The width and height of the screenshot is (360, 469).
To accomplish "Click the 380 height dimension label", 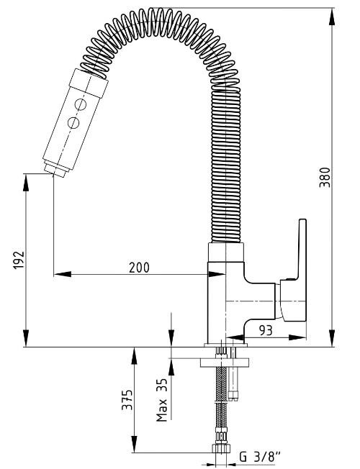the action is click(x=325, y=177).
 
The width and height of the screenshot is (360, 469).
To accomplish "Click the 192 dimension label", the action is click(x=19, y=260).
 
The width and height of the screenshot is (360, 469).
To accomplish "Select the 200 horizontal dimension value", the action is click(x=139, y=268).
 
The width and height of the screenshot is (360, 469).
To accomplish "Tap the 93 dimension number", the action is click(x=266, y=330).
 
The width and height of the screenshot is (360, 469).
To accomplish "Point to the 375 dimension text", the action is click(x=127, y=399).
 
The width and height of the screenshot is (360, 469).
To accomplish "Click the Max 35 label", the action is click(x=162, y=400).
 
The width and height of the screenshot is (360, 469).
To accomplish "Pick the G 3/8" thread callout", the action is click(x=260, y=457).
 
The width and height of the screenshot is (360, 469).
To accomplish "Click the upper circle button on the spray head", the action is click(x=81, y=104).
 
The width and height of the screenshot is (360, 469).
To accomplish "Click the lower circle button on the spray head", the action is click(x=73, y=122).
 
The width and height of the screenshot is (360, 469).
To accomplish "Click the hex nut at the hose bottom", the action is click(x=221, y=449).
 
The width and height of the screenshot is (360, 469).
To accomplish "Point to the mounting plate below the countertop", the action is click(x=225, y=363).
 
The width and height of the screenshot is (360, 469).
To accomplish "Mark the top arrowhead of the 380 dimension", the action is click(x=332, y=17).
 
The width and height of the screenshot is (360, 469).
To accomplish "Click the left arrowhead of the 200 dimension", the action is click(x=63, y=274).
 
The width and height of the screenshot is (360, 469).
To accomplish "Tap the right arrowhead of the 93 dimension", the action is click(x=297, y=337).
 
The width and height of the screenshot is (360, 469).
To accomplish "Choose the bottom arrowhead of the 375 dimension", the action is click(x=134, y=444).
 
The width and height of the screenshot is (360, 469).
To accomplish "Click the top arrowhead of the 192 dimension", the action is click(x=26, y=182).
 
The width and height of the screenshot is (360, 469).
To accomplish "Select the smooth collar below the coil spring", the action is click(x=226, y=252).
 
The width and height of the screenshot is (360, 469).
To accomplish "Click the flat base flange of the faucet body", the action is click(x=226, y=345).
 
